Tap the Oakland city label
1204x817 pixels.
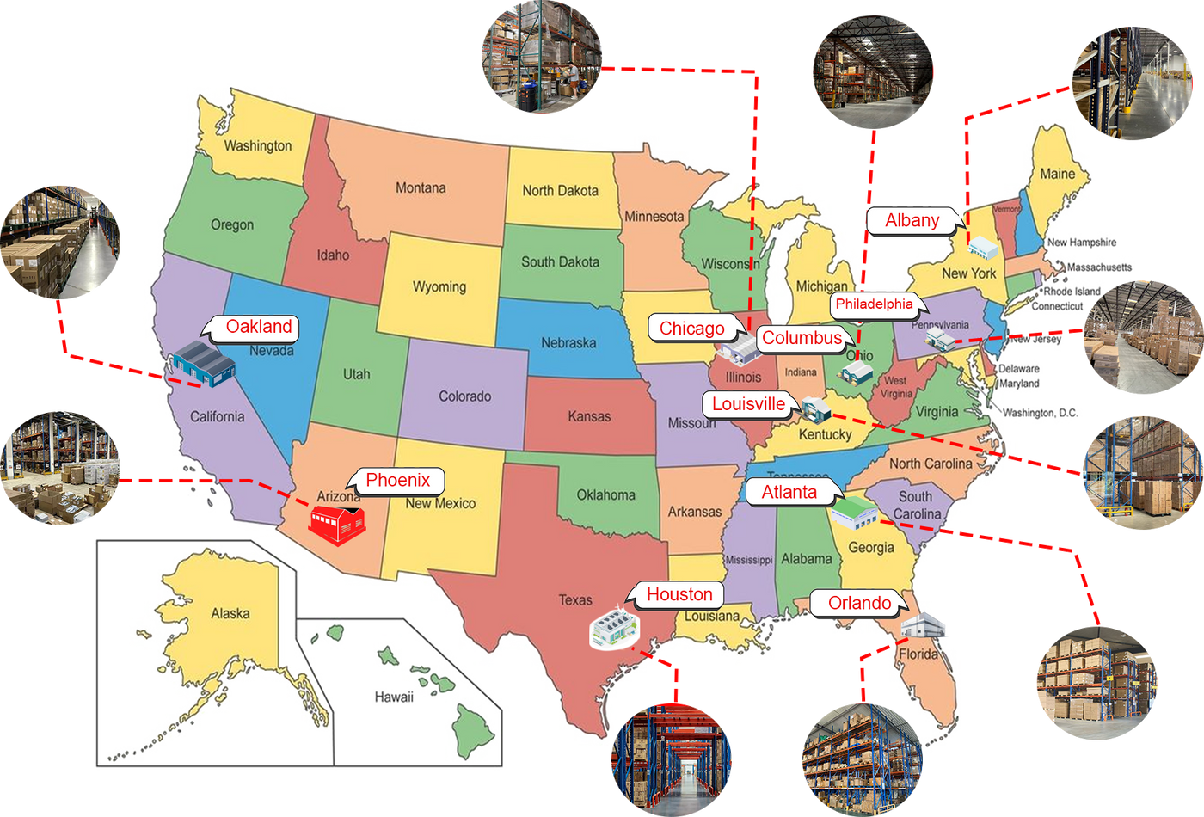click(x=259, y=327)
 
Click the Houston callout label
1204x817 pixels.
click(x=679, y=594)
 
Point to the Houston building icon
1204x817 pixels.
click(x=615, y=629)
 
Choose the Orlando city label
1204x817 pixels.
click(x=859, y=603)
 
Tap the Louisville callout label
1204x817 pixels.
click(x=748, y=404)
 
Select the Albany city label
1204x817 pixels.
click(x=912, y=220)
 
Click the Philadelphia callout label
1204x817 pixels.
click(x=874, y=304)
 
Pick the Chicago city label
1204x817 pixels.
click(x=691, y=328)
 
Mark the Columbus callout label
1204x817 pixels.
click(x=802, y=338)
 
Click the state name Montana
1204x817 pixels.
click(x=421, y=187)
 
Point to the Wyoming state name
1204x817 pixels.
click(x=439, y=286)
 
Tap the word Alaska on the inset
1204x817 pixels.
click(x=230, y=613)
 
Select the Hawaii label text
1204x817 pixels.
click(x=394, y=697)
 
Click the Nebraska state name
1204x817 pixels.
click(x=568, y=342)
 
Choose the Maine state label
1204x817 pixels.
click(x=1057, y=174)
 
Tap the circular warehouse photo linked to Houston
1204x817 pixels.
click(x=671, y=759)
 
